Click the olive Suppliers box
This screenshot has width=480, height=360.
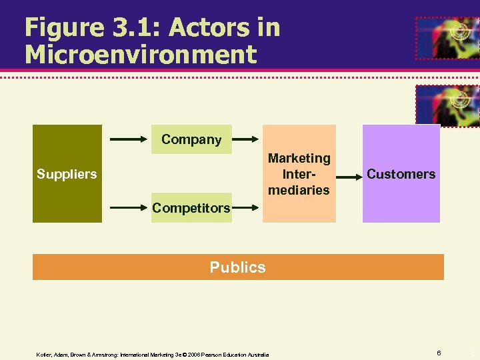coord(67,173)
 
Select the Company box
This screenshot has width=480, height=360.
coord(191,139)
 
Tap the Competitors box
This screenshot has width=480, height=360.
coord(191,208)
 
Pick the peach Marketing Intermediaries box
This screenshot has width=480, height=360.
coord(299,174)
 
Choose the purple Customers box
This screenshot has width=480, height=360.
coord(401,174)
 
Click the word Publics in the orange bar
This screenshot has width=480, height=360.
coord(237,267)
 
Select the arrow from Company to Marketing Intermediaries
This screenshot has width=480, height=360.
coord(246,139)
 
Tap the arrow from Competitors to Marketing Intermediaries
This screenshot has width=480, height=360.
coord(246,208)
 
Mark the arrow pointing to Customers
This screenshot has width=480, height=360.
coord(348,177)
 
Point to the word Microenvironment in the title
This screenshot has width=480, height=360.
coord(140,55)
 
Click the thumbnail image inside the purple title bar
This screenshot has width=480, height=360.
coord(447,38)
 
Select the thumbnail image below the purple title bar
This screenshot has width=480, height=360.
coord(447,105)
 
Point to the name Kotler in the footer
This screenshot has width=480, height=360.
coord(44,355)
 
